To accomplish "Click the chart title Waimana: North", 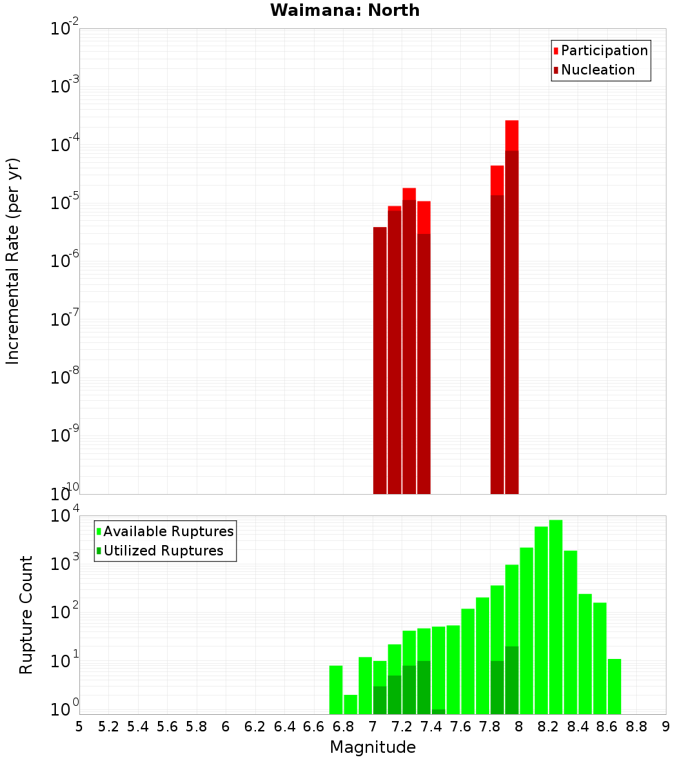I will tap(345, 10).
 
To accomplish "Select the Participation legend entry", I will tap(604, 51).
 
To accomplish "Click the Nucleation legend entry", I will tap(598, 70).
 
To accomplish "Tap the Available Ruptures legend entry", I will tap(168, 532).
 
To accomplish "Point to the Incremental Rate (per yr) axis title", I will tap(13, 261).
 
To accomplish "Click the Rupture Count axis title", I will tap(26, 615).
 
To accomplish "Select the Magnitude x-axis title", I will tap(373, 747).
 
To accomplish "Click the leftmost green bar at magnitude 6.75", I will tap(336, 689).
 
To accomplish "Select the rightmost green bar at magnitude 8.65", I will tap(614, 687).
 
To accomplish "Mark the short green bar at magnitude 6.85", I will tap(351, 704).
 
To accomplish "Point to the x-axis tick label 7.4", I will tap(431, 727).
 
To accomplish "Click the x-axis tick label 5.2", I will tap(108, 727).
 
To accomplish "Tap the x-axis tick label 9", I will tap(666, 727).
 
